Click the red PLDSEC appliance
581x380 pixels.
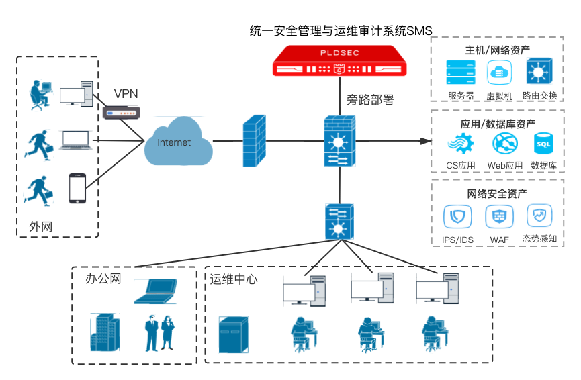click(340, 61)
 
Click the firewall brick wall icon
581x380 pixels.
click(254, 140)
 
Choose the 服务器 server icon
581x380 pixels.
click(461, 73)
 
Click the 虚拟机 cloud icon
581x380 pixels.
click(499, 73)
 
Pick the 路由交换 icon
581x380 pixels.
click(539, 72)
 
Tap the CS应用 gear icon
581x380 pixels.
click(461, 144)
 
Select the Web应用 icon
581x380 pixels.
click(504, 144)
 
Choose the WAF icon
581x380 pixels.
click(499, 217)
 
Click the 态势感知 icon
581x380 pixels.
click(539, 216)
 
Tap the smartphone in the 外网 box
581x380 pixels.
click(78, 188)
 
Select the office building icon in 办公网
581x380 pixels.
click(104, 332)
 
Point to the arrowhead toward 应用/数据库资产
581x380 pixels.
click(424, 141)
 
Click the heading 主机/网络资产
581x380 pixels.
click(497, 50)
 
